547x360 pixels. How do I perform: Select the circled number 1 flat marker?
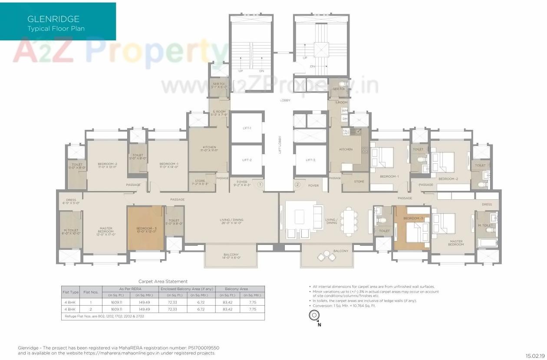tap(260, 185)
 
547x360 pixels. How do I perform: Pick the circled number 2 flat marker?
tap(297, 185)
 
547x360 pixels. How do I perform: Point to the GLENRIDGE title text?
tap(53, 19)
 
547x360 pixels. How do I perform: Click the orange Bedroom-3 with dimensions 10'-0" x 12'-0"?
tap(145, 228)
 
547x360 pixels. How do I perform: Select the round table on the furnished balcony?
tap(326, 256)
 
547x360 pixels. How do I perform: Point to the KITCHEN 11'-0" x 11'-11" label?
tap(209, 149)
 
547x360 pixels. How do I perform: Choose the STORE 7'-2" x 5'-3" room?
tap(200, 183)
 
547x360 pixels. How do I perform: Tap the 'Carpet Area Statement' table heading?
tap(163, 281)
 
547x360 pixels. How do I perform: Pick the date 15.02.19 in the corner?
tap(535, 356)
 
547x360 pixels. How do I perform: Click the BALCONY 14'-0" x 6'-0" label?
tap(231, 256)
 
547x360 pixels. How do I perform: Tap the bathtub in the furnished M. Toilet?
tap(485, 241)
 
